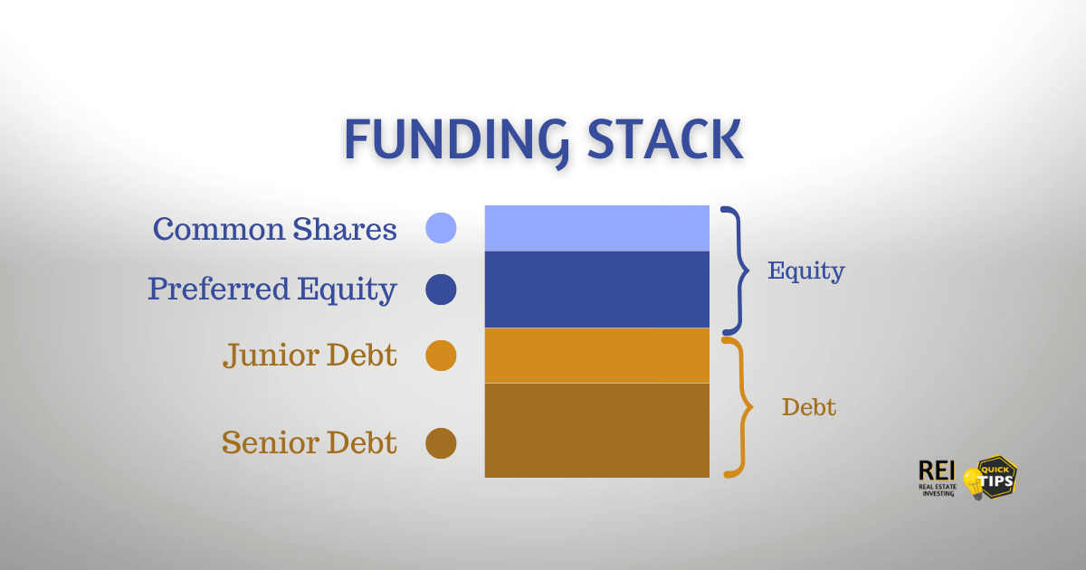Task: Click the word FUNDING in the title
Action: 456,141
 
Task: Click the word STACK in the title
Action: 665,139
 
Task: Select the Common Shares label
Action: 275,229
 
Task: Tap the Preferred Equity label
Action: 272,290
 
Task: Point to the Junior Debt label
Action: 310,356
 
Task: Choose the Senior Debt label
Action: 310,442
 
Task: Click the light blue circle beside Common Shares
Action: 441,228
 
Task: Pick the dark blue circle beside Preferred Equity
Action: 441,290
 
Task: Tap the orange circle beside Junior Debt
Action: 441,356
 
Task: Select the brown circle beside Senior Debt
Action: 441,443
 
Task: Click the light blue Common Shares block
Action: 596,228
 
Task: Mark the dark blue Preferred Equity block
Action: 596,290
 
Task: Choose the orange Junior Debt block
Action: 596,356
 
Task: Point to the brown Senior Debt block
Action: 596,431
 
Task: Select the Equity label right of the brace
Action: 805,271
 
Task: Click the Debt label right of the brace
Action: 809,407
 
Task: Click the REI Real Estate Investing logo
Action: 938,479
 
